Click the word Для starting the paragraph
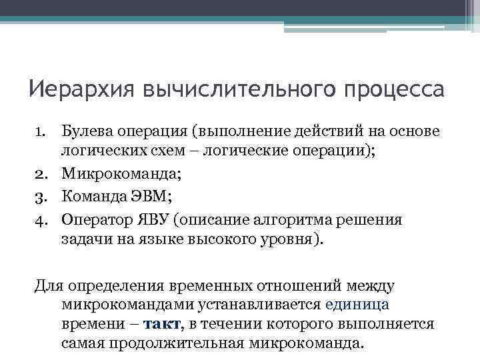49,285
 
